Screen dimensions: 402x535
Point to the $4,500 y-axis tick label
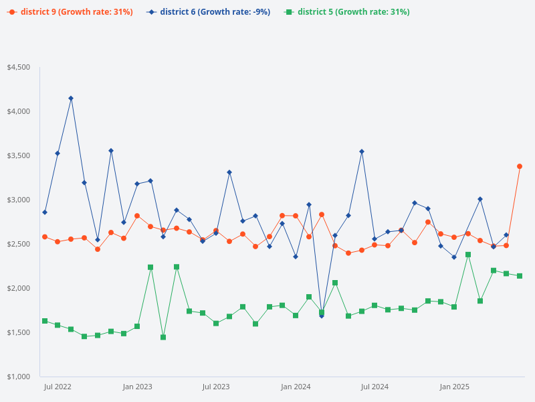[18, 67]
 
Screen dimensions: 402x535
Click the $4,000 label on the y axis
[18, 111]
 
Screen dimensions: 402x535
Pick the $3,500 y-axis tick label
[18, 155]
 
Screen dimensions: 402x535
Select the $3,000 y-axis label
[18, 200]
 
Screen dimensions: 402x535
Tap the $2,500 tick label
[18, 244]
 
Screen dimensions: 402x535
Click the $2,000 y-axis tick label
[18, 288]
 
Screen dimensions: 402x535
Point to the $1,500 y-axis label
[18, 332]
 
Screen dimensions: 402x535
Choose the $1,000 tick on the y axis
[18, 377]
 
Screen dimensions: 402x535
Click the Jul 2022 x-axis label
[58, 387]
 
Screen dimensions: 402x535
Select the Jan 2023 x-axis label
[137, 387]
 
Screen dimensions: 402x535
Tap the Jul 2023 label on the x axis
[216, 387]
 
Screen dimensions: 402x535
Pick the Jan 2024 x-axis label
[296, 387]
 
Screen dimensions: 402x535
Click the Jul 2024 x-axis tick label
[374, 387]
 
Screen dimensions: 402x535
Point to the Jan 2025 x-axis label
[454, 387]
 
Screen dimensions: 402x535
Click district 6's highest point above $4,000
[71, 98]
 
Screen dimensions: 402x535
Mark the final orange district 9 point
[520, 166]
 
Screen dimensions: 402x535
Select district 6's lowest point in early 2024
[322, 316]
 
